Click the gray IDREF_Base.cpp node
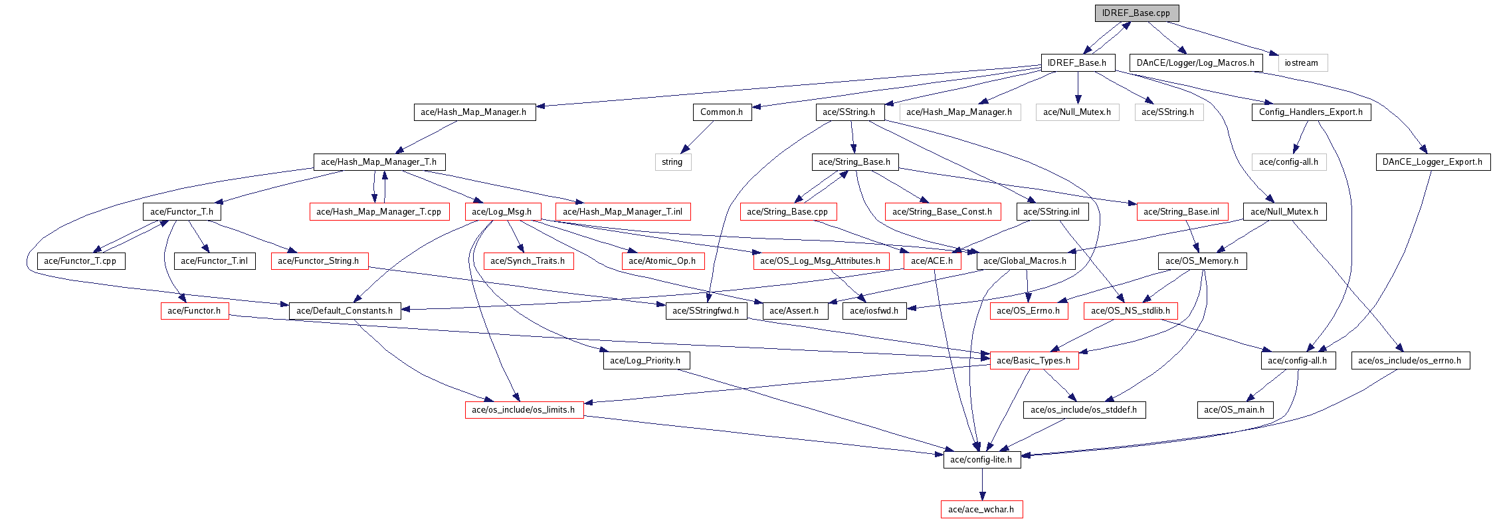click(1136, 13)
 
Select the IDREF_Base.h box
click(1076, 63)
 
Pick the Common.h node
click(722, 112)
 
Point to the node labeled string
click(672, 162)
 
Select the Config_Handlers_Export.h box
click(1310, 112)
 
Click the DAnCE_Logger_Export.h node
click(1433, 162)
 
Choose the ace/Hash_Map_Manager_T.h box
click(379, 162)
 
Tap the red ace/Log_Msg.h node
click(502, 212)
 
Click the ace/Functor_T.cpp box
click(80, 261)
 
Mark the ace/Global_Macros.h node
click(1025, 261)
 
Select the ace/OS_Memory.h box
click(1202, 261)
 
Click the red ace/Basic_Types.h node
click(1034, 361)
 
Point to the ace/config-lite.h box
click(981, 460)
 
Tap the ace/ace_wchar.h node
click(981, 510)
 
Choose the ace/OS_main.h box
click(1235, 410)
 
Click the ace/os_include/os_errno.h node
click(1410, 361)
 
